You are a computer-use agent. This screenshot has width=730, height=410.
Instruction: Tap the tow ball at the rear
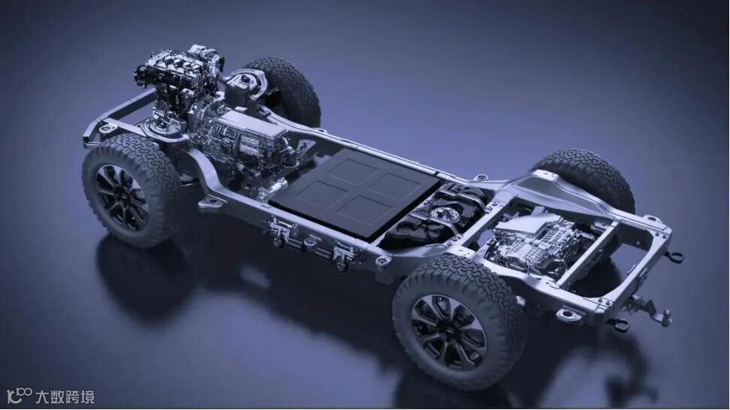667,315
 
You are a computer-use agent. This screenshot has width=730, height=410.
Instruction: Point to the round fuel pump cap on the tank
440,214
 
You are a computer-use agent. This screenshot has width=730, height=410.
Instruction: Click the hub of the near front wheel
122,197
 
